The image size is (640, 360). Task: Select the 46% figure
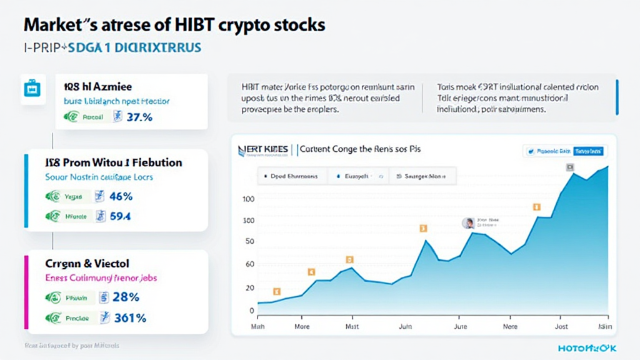[121, 196]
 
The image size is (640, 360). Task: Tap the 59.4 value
[121, 217]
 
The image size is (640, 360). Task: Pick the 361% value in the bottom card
[131, 318]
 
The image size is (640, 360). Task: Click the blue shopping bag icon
[31, 89]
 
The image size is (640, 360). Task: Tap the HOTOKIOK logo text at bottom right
[589, 347]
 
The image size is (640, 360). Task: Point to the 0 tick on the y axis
[252, 311]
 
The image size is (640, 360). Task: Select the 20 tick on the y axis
[250, 287]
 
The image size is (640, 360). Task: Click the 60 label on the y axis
[250, 264]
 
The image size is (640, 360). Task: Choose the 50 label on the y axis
[250, 242]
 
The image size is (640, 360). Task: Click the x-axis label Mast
[352, 326]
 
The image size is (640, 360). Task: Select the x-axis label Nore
[511, 326]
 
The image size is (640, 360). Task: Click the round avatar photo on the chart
[467, 223]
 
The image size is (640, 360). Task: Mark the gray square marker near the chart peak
[570, 167]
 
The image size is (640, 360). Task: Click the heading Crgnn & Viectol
[87, 264]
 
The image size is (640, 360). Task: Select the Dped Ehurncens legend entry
[291, 177]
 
